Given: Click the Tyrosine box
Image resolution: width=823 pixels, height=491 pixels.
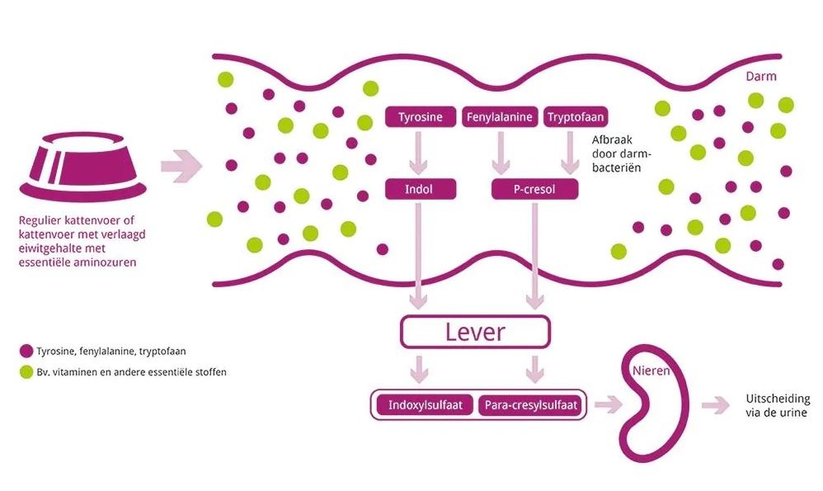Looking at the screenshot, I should pyautogui.click(x=420, y=117).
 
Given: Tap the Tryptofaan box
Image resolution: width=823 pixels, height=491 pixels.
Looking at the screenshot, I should pyautogui.click(x=575, y=117).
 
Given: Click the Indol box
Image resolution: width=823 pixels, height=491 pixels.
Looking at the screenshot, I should pyautogui.click(x=420, y=190).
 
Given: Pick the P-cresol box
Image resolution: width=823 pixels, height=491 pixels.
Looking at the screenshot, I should pyautogui.click(x=534, y=190).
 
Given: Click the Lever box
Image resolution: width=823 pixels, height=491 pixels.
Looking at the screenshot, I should pyautogui.click(x=475, y=333).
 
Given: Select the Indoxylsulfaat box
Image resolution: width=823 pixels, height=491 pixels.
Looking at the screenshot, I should pyautogui.click(x=424, y=404).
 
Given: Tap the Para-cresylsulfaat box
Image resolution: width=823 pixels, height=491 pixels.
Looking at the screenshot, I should pyautogui.click(x=529, y=404).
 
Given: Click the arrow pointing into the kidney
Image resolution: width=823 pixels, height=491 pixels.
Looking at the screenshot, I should pyautogui.click(x=609, y=404).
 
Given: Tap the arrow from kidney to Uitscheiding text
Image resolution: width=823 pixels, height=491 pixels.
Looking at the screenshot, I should pyautogui.click(x=715, y=404).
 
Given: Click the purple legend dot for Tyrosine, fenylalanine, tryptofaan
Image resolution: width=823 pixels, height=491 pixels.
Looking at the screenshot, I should pyautogui.click(x=26, y=351).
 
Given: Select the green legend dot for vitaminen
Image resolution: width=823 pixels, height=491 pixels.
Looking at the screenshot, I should pyautogui.click(x=26, y=372).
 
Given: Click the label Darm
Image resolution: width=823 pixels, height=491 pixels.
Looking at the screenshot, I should pyautogui.click(x=760, y=77).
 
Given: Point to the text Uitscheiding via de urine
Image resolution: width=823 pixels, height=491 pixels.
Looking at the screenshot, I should pyautogui.click(x=776, y=405).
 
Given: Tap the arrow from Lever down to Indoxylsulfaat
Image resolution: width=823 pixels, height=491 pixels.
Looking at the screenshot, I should pyautogui.click(x=421, y=367).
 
